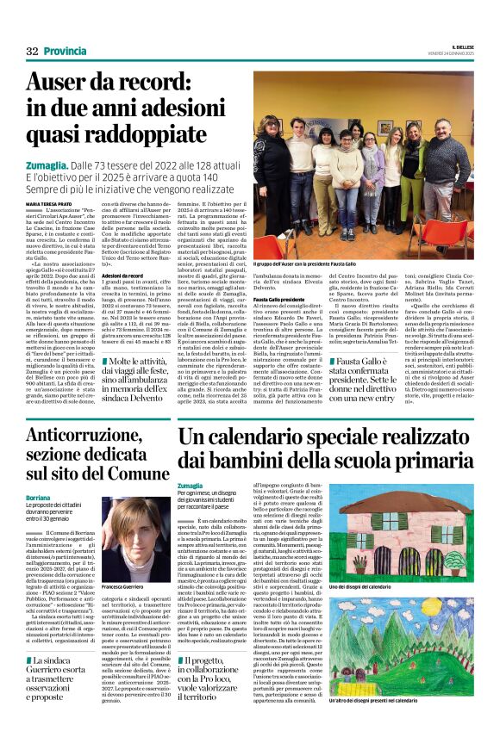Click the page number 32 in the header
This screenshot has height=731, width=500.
point(32,52)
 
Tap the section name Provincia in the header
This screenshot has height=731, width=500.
point(65,52)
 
